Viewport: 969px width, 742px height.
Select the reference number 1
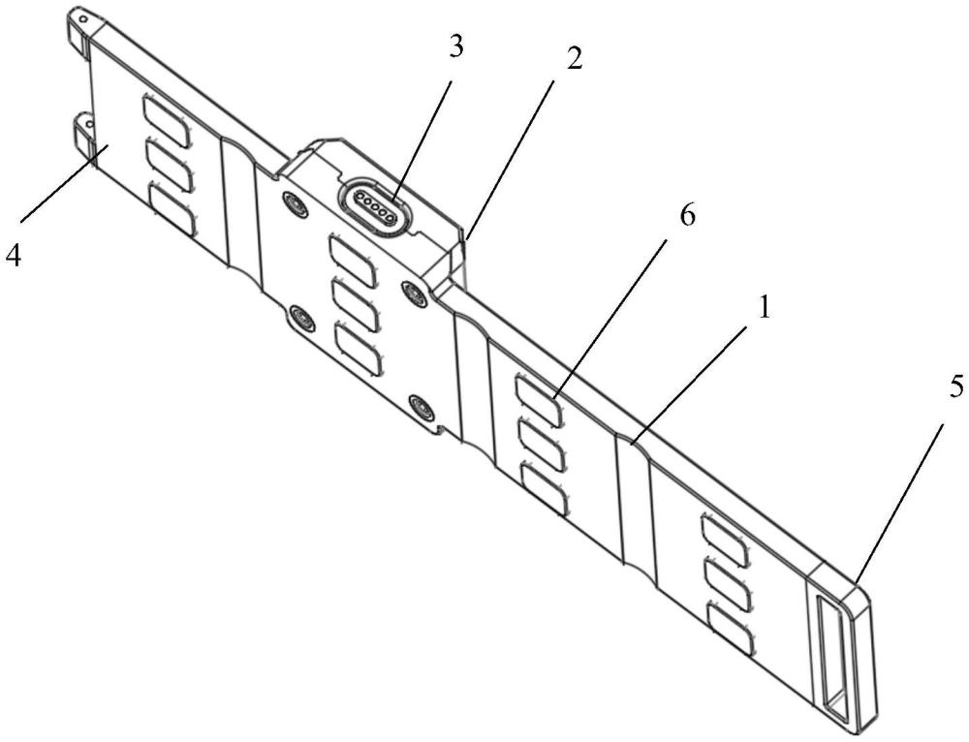pyautogui.click(x=765, y=307)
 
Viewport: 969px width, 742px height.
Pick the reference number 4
pyautogui.click(x=13, y=255)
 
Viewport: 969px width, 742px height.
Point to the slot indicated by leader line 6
pyautogui.click(x=539, y=402)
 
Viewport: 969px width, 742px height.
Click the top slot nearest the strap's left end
pyautogui.click(x=167, y=120)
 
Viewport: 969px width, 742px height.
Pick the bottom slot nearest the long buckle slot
pyautogui.click(x=731, y=630)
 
